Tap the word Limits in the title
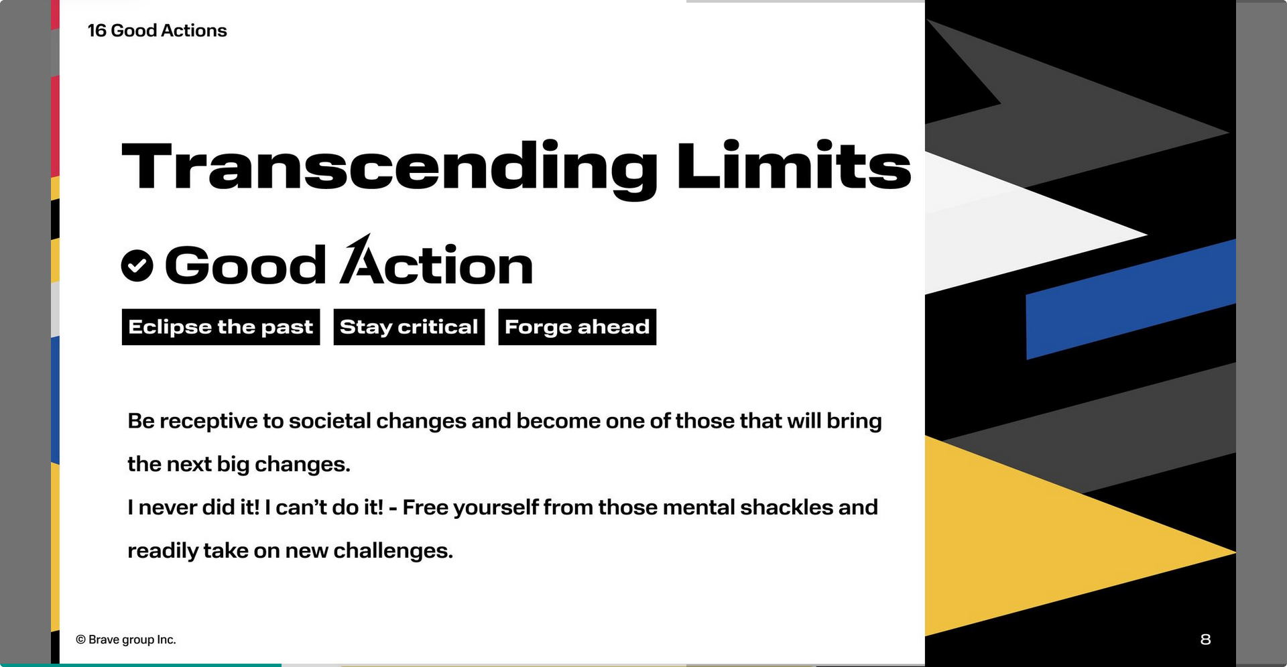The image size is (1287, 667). (x=794, y=165)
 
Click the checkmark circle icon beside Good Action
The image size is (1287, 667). (x=137, y=265)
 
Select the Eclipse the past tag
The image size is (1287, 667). (x=221, y=327)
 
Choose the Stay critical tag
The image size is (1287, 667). (x=409, y=327)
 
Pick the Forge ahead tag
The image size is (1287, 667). (x=577, y=327)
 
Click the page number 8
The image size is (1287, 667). (x=1205, y=640)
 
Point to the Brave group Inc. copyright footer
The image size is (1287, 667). (x=126, y=640)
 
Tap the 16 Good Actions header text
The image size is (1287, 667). (x=157, y=31)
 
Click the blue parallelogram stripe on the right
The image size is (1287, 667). (x=1131, y=299)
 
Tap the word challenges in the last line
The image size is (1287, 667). (x=393, y=551)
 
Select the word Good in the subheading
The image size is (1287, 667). (x=245, y=265)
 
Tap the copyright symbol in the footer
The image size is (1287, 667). (x=81, y=640)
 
